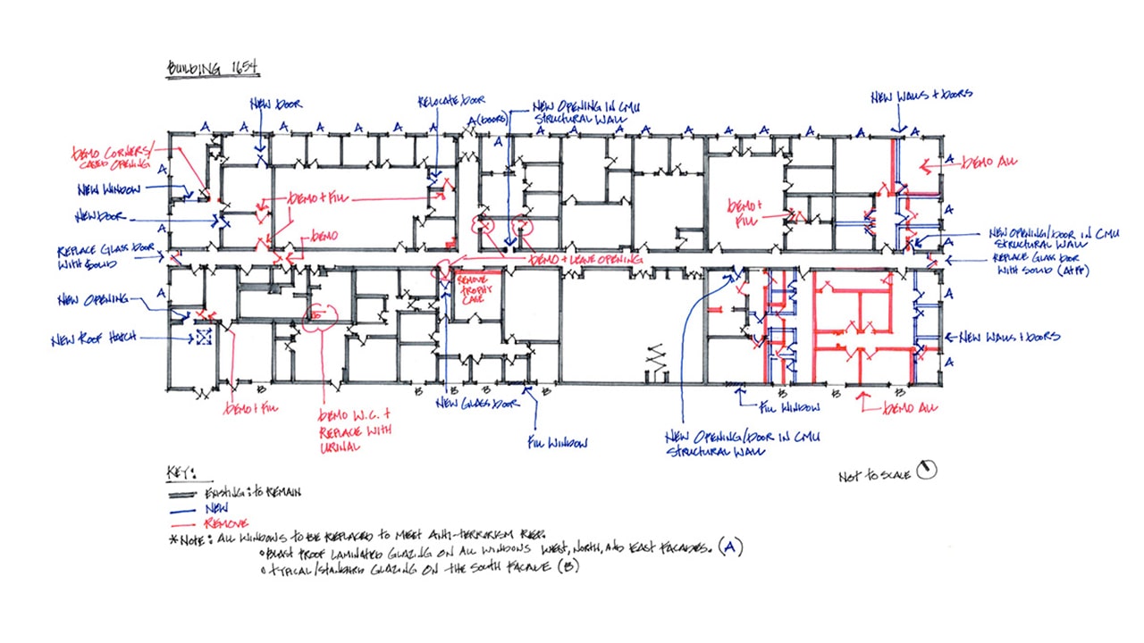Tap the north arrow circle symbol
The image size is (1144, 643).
tap(928, 470)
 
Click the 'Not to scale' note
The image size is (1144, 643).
tap(874, 476)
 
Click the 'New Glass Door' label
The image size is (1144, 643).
tap(477, 404)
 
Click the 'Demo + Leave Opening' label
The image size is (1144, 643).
tap(586, 259)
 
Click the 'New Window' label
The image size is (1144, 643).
tap(105, 189)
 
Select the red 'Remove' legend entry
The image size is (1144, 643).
tap(227, 522)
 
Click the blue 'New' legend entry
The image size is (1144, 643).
tap(218, 507)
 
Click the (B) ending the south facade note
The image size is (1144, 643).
tap(568, 565)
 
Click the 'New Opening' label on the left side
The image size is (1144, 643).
tap(93, 299)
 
